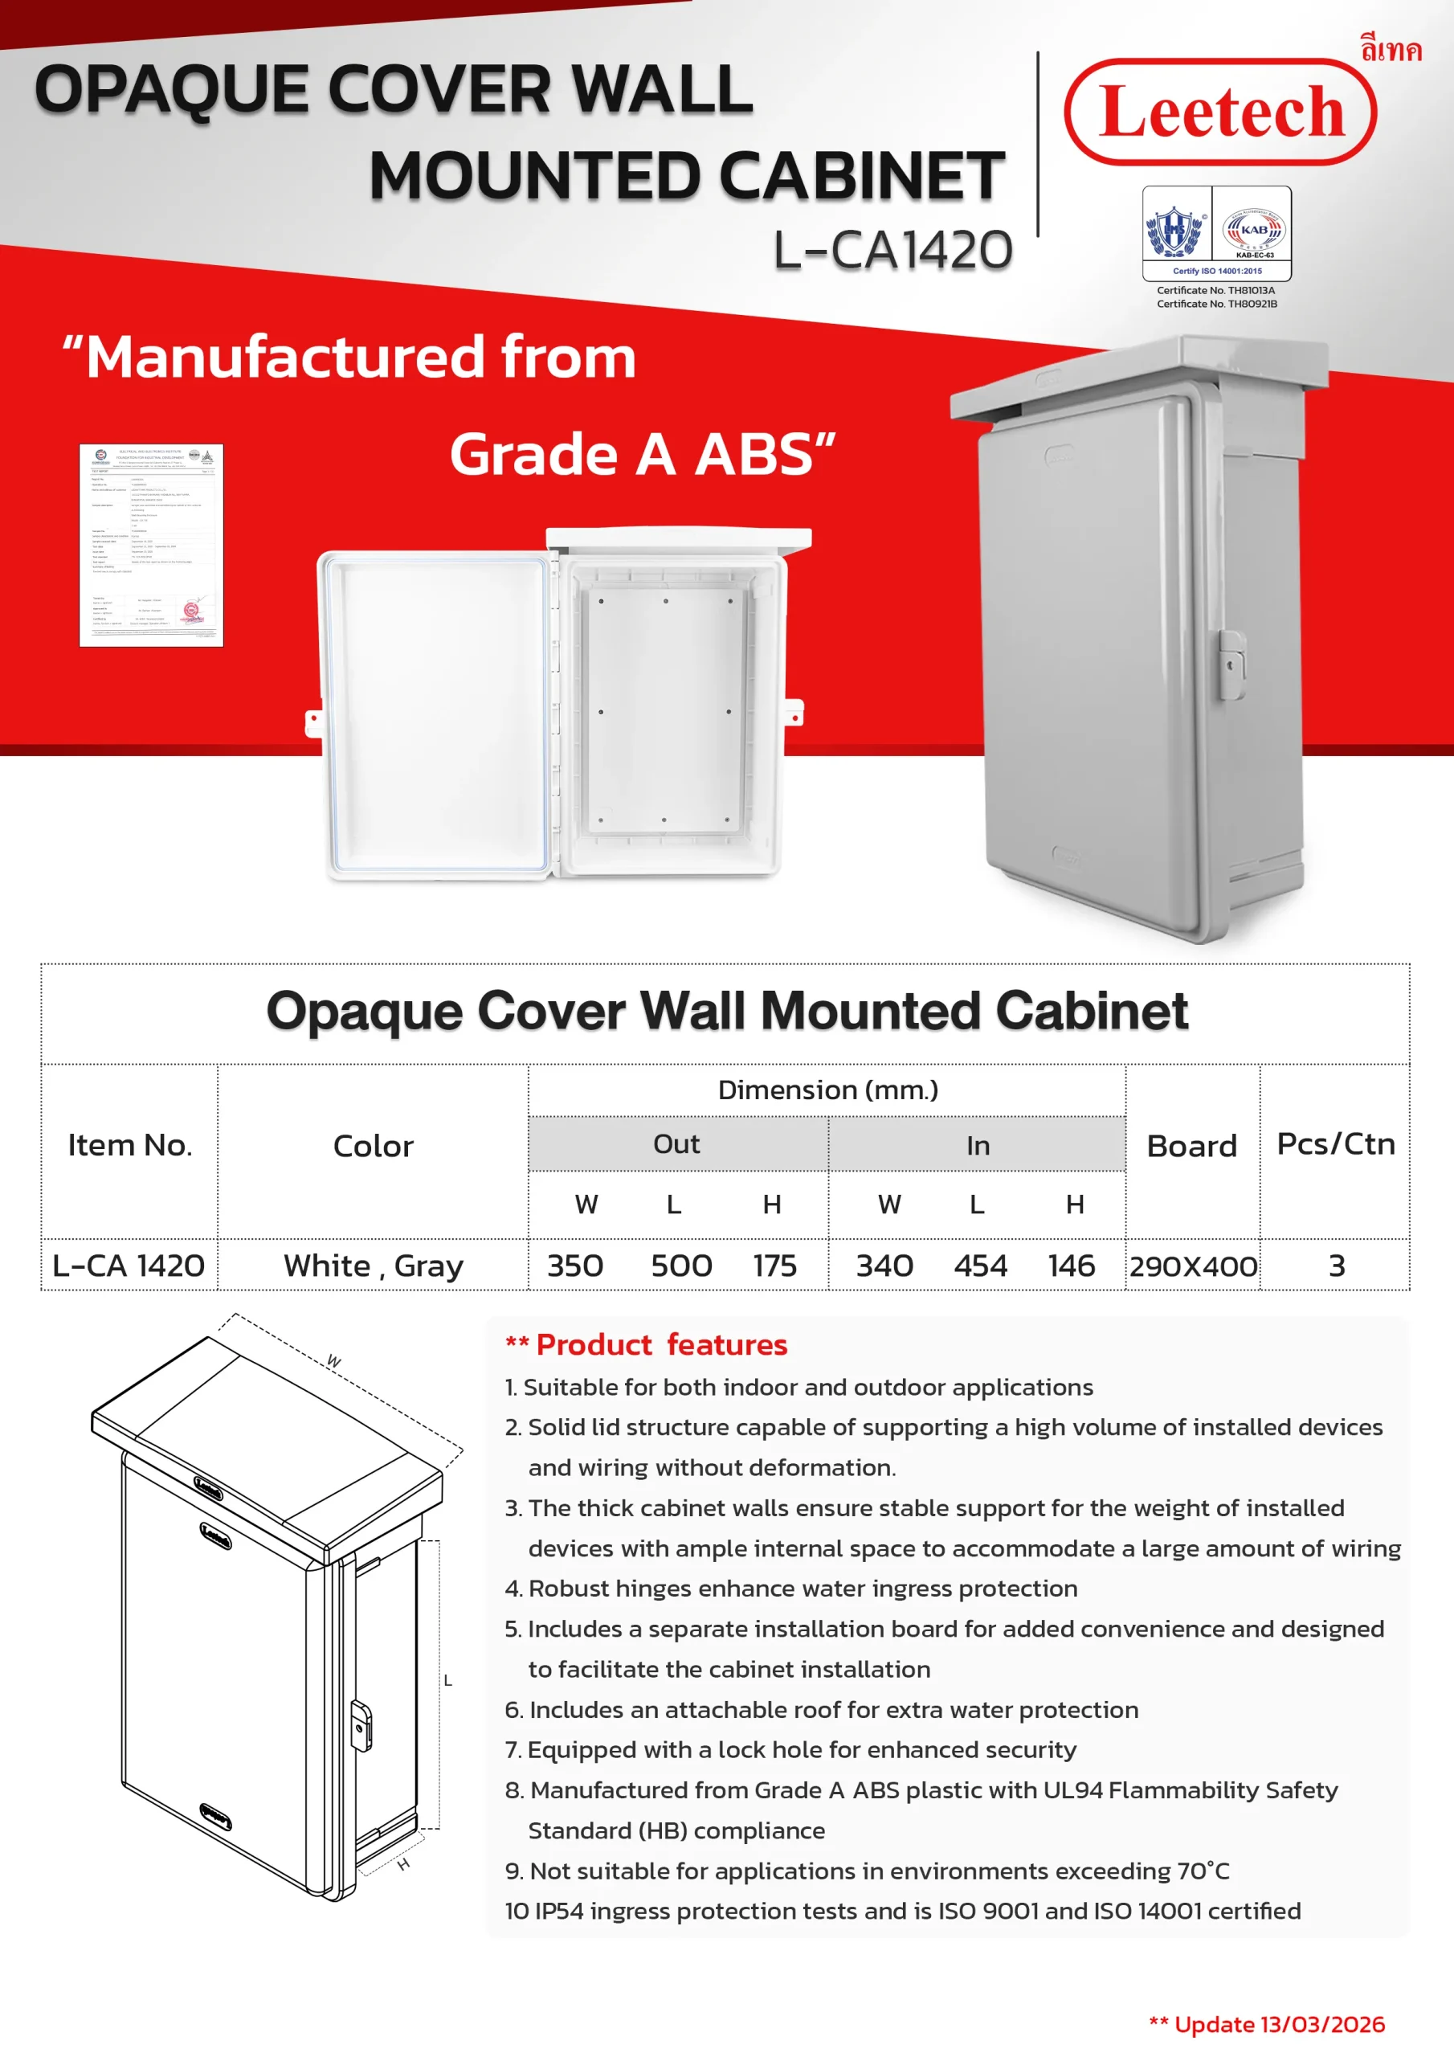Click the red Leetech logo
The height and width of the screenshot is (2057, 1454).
point(1219,112)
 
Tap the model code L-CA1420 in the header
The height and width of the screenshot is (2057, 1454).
point(892,250)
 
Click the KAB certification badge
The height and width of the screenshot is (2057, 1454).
point(1252,231)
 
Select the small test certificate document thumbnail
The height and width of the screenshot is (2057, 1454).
point(150,545)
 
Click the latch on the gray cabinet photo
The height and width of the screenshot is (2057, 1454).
point(1231,664)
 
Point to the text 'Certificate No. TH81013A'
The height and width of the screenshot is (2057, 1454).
point(1215,290)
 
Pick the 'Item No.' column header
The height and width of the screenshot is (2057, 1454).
point(130,1145)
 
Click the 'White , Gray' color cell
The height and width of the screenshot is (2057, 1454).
point(373,1265)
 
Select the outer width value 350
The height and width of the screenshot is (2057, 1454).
point(574,1265)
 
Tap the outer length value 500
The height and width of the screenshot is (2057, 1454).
point(681,1265)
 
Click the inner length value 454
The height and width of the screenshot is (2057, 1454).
point(980,1265)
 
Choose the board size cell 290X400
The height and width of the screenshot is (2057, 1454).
point(1192,1266)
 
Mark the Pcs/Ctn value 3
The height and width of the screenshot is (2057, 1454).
point(1336,1265)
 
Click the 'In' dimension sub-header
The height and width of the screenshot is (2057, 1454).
point(978,1145)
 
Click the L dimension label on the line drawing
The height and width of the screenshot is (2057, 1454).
point(448,1681)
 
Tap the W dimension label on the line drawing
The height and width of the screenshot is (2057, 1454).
point(333,1361)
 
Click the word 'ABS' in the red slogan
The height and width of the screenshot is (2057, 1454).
point(754,454)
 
